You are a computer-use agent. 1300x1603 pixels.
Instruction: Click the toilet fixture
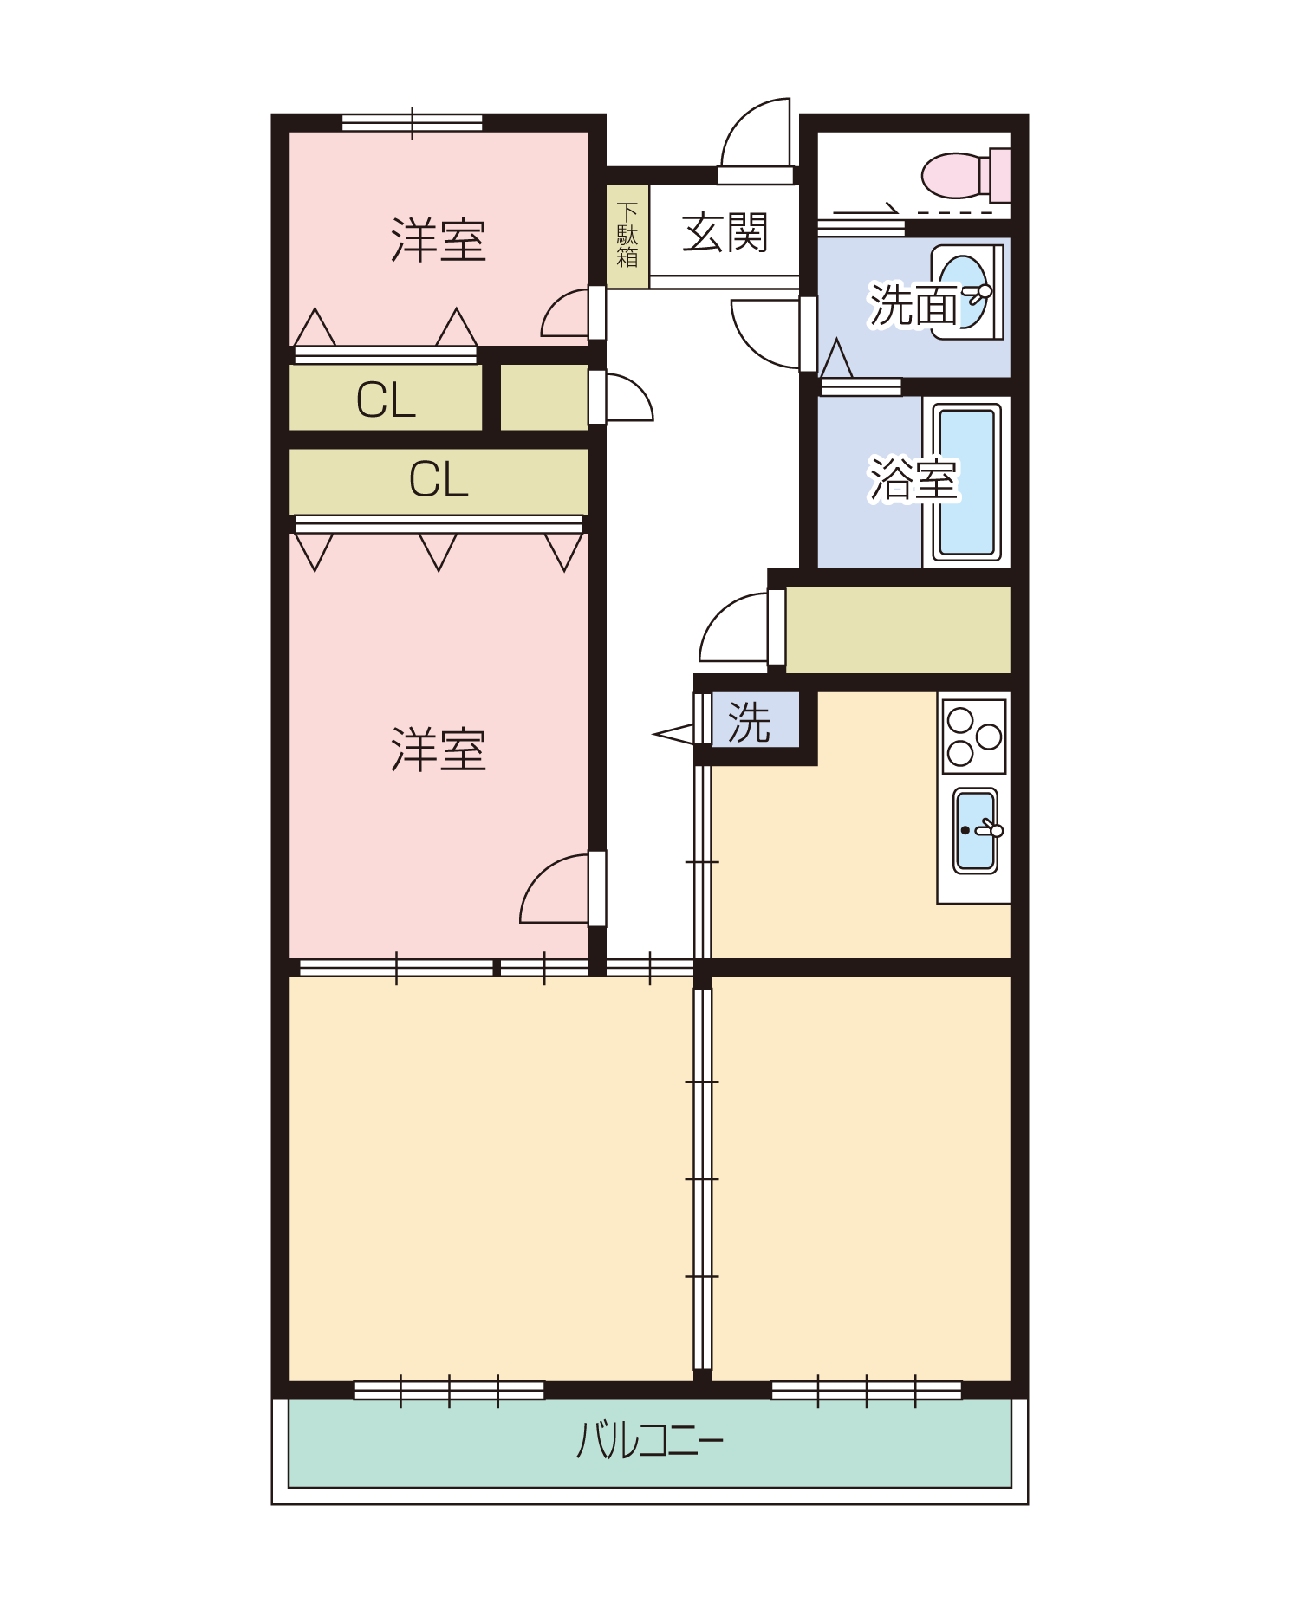pyautogui.click(x=965, y=175)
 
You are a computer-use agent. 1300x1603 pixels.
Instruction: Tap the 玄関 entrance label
pyautogui.click(x=725, y=233)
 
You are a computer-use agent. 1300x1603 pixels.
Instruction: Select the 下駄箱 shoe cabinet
pyautogui.click(x=627, y=237)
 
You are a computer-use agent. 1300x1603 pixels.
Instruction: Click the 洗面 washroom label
pyautogui.click(x=914, y=305)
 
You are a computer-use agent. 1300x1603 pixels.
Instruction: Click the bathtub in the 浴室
pyautogui.click(x=967, y=482)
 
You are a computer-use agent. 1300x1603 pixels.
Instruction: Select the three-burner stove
pyautogui.click(x=974, y=737)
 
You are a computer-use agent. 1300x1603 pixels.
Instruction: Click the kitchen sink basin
pyautogui.click(x=976, y=831)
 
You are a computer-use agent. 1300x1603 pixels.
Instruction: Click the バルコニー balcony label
pyautogui.click(x=650, y=1440)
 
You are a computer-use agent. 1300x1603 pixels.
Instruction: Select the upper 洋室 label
pyautogui.click(x=439, y=240)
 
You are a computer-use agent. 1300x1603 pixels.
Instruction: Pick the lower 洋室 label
pyautogui.click(x=439, y=750)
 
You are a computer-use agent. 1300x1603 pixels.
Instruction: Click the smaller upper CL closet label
pyautogui.click(x=386, y=400)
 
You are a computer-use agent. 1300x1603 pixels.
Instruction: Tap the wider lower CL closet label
pyautogui.click(x=439, y=479)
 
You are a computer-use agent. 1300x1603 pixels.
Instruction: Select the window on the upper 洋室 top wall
pyautogui.click(x=413, y=123)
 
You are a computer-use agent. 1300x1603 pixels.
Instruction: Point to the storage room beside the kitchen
pyautogui.click(x=898, y=630)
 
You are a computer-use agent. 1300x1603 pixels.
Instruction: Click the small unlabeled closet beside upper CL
pyautogui.click(x=544, y=398)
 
